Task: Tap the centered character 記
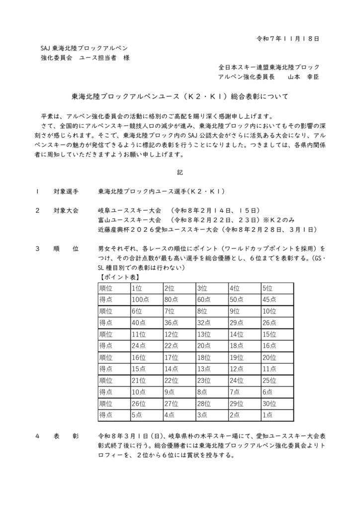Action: (180, 172)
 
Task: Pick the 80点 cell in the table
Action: (172, 300)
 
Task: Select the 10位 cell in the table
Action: (269, 311)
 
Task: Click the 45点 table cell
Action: (269, 300)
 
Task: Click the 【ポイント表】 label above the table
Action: (114, 277)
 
